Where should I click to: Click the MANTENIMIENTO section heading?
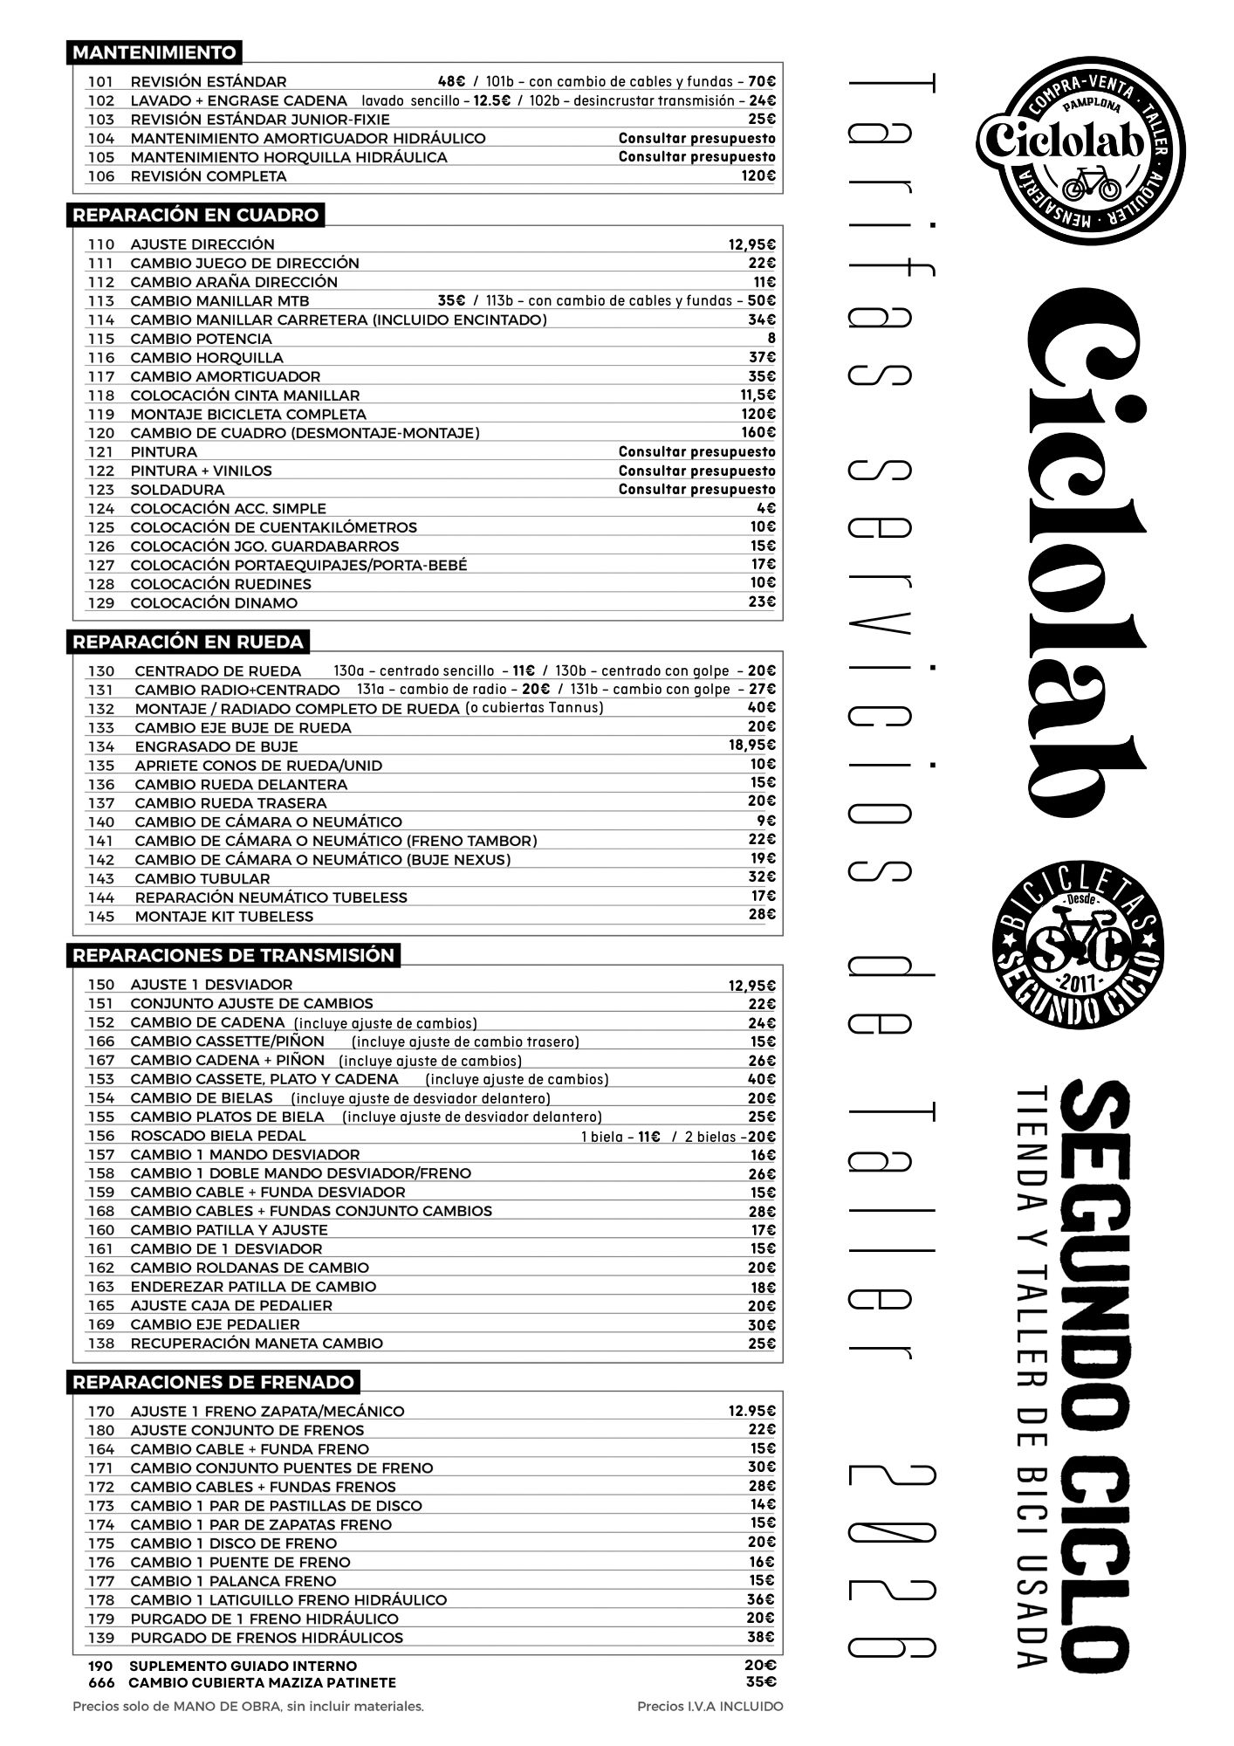point(154,52)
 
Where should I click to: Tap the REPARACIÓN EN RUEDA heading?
point(188,642)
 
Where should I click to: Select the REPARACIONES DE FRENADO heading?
point(213,1382)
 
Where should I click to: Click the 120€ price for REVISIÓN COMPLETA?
point(758,175)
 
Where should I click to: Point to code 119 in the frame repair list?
point(101,414)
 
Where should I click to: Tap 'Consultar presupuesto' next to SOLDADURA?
point(696,489)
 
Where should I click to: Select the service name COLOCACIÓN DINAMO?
point(214,602)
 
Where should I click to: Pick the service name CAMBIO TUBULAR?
point(202,878)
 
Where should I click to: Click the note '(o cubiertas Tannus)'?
point(534,707)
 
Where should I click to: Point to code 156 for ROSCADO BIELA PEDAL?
point(101,1136)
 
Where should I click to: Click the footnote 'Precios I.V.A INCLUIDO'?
point(710,1706)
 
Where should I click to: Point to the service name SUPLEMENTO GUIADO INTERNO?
point(243,1666)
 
